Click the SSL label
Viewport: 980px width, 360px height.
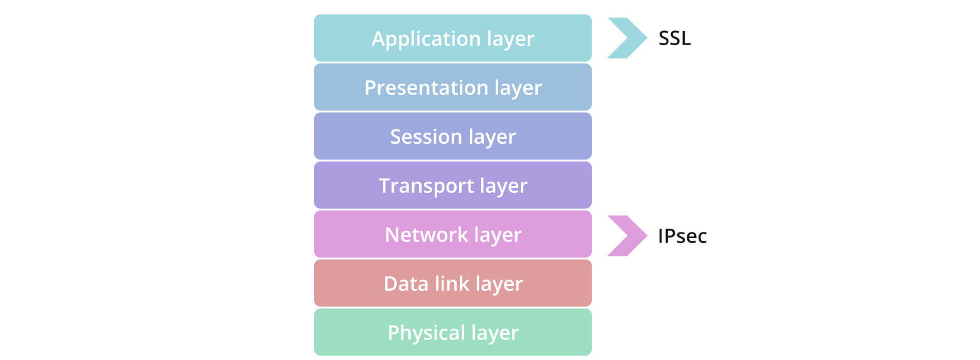675,39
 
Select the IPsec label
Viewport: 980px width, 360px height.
682,236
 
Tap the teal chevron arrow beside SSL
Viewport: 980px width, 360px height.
627,38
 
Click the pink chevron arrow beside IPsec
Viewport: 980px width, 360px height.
627,236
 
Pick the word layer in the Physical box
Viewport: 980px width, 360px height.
495,332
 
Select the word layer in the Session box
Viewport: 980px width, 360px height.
493,136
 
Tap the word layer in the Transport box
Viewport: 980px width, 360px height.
503,185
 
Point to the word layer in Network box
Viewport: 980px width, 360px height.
498,234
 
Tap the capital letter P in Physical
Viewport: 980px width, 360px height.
393,332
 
